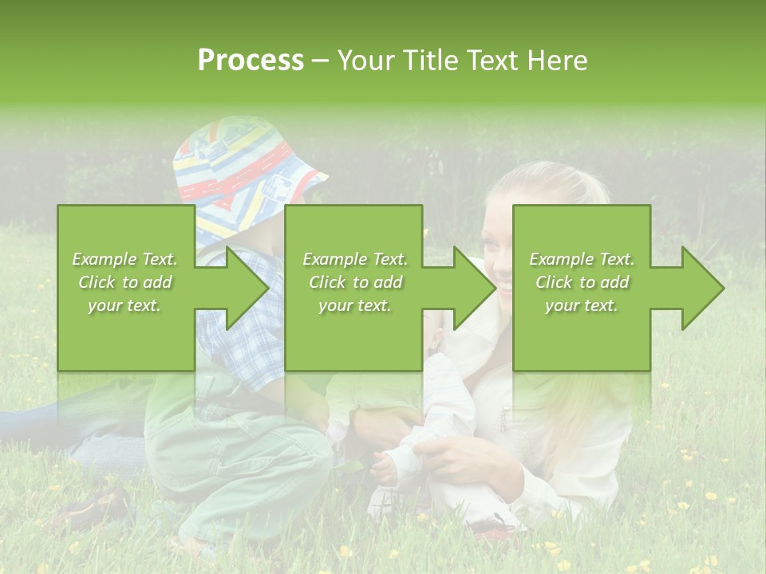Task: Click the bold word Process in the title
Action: click(x=251, y=61)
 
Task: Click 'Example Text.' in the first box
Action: click(x=125, y=259)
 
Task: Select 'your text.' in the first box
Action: click(x=125, y=305)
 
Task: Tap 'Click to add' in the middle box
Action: click(x=355, y=282)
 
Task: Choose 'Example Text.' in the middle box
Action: click(x=355, y=259)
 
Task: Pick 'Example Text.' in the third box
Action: click(x=582, y=259)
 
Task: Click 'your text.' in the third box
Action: click(x=582, y=305)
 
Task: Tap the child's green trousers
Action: click(x=239, y=454)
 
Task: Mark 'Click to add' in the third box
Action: click(x=582, y=282)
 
